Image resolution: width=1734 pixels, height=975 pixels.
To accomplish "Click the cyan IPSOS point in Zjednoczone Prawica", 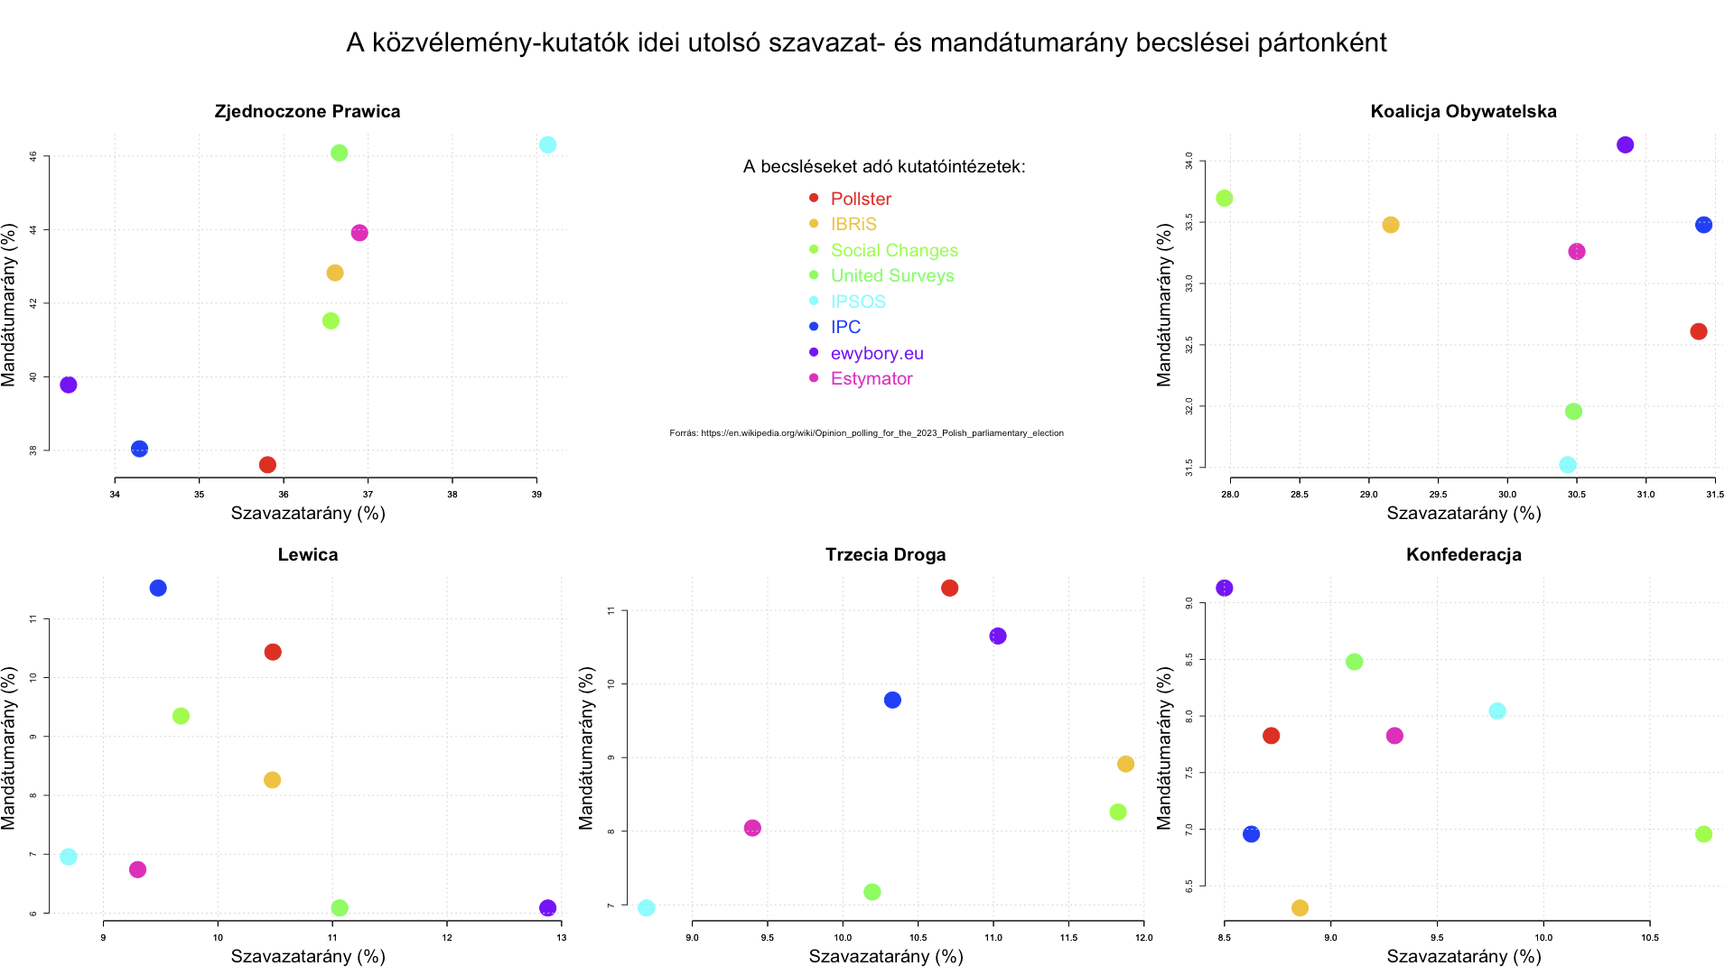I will [547, 145].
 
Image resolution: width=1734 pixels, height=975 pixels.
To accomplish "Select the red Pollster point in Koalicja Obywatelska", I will [1698, 331].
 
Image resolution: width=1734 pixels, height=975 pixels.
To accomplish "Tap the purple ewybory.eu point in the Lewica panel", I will [547, 907].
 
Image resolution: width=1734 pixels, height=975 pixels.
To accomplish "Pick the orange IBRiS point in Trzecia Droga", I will [1125, 764].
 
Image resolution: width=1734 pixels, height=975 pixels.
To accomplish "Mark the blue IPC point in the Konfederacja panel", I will [1251, 834].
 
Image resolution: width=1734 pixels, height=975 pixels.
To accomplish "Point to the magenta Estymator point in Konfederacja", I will [1394, 736].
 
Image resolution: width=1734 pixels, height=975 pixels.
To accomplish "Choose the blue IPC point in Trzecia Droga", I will [892, 700].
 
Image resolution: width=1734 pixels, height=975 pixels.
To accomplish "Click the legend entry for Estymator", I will [872, 379].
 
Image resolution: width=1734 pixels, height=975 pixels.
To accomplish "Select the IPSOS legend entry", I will [858, 302].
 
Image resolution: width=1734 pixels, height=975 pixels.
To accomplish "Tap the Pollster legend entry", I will [861, 199].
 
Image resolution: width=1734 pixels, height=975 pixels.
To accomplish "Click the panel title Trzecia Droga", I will [885, 554].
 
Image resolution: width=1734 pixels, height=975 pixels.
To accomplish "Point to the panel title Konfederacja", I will [1463, 554].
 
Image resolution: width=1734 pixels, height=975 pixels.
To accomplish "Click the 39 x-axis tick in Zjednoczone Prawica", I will [536, 495].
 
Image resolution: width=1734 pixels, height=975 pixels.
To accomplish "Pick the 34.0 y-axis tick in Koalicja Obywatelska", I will [1189, 161].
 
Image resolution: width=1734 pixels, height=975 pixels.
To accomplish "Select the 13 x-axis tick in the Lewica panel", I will [561, 937].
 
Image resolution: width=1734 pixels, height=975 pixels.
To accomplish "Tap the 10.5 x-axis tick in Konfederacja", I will [1649, 937].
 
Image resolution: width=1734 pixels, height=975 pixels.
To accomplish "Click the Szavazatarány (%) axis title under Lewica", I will [308, 956].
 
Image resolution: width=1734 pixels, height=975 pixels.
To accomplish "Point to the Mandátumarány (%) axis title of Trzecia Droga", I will [586, 747].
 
